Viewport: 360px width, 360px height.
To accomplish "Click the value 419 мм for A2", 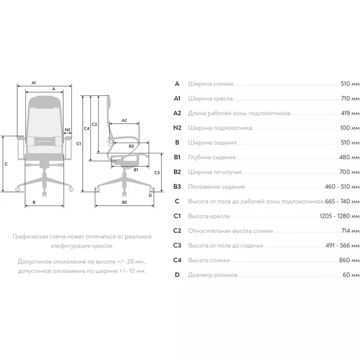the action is (350, 113).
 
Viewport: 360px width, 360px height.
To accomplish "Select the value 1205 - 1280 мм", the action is (339, 216).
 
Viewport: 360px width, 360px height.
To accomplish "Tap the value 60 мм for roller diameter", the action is (351, 275).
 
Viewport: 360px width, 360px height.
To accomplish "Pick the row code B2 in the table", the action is (177, 172).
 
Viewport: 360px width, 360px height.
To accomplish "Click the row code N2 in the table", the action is (177, 128).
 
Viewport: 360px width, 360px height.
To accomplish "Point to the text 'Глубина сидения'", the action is (212, 157).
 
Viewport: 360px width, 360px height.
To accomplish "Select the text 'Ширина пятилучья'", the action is (215, 172).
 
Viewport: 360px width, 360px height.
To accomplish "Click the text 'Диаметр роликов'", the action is (213, 275).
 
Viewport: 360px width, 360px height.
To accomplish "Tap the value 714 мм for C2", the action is (351, 231).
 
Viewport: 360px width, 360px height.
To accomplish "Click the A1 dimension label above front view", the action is (33, 83).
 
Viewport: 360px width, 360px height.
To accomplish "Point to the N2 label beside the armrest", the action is (68, 129).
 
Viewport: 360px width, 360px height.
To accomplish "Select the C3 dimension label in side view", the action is (157, 172).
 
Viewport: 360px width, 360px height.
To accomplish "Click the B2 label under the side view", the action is (124, 202).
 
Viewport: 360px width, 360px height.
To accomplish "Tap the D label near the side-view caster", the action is (150, 195).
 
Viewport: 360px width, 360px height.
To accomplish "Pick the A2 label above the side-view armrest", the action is (124, 120).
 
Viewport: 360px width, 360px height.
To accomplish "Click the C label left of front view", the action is (6, 164).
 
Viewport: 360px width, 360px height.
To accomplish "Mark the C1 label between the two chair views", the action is (79, 144).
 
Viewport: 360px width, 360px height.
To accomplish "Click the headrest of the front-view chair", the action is (45, 102).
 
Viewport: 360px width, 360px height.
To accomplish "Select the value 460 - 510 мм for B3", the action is (342, 187).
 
